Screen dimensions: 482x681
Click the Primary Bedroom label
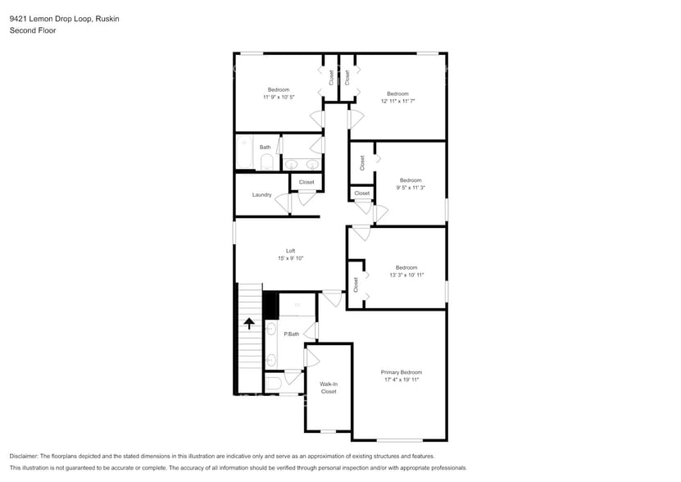402,372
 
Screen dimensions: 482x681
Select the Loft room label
290,251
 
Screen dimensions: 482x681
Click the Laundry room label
261,194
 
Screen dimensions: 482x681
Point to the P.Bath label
291,334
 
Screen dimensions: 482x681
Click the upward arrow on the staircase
249,323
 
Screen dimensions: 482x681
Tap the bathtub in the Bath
244,154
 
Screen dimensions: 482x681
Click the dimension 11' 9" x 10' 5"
279,97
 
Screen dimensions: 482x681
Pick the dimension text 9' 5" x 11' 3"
410,188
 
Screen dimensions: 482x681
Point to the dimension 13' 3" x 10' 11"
406,275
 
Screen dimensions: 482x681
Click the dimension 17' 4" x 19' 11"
402,380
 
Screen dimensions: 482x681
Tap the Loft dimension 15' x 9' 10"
290,258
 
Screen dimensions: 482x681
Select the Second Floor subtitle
29,30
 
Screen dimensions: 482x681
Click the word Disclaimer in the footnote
24,456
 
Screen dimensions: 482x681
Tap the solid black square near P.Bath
270,305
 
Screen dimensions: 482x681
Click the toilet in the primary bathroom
274,382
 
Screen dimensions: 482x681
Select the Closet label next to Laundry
306,182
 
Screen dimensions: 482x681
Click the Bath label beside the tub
265,148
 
